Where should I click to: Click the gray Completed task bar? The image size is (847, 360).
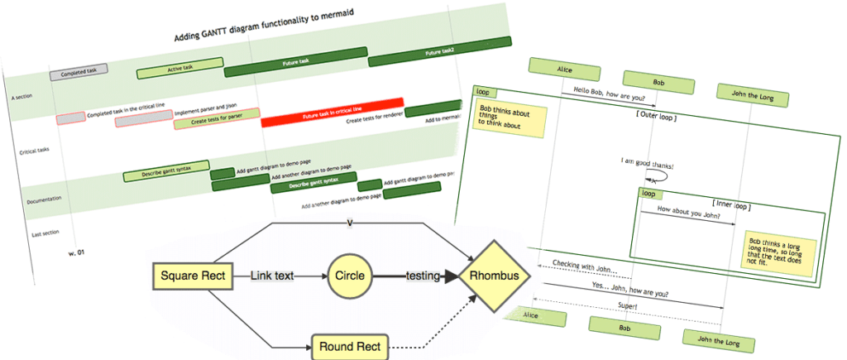click(79, 73)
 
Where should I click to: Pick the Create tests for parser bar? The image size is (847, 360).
click(217, 122)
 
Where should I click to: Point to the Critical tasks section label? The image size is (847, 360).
click(35, 151)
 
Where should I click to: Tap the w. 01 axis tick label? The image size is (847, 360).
click(77, 252)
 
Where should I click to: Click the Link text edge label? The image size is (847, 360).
click(273, 276)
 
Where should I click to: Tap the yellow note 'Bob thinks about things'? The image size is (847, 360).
click(510, 119)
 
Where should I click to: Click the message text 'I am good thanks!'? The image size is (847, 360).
click(646, 166)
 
